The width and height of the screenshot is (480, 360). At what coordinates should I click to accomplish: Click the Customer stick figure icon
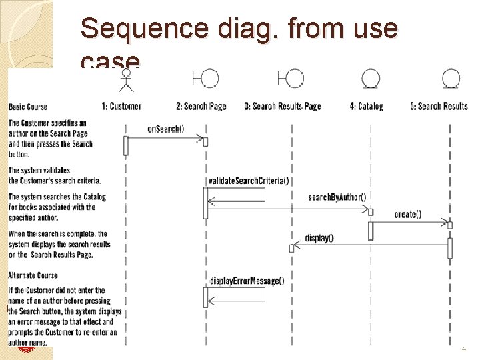coord(125,81)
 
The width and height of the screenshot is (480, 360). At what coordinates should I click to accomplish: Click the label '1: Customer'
coord(121,106)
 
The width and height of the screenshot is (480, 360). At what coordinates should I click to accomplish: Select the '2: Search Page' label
coord(201,106)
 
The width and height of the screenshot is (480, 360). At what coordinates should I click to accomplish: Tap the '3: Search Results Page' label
coord(283,106)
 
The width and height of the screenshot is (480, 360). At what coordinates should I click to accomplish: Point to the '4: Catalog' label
coord(366,106)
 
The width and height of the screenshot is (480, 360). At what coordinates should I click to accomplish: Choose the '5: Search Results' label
coord(439,106)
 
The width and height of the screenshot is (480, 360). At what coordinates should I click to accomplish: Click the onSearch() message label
coord(166,129)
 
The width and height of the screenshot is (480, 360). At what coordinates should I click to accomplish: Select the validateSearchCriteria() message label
coord(249,181)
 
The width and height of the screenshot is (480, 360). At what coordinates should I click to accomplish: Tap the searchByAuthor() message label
coord(337,197)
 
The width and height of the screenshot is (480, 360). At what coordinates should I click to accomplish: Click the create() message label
coord(408,214)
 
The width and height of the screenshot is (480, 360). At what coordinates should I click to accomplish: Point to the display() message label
coord(319,237)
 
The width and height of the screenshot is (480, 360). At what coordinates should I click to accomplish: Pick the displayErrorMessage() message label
coord(247,281)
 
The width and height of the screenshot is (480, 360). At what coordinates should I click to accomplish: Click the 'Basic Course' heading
coord(28,107)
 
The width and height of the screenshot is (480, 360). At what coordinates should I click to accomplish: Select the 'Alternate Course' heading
coord(33,275)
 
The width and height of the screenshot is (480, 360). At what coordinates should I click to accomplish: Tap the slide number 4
coord(464,349)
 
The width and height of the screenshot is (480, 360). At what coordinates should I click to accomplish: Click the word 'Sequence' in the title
coord(131,29)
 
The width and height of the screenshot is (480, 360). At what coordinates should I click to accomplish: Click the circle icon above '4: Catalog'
coord(371,79)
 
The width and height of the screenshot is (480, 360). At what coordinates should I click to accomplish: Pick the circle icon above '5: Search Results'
coord(451,79)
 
